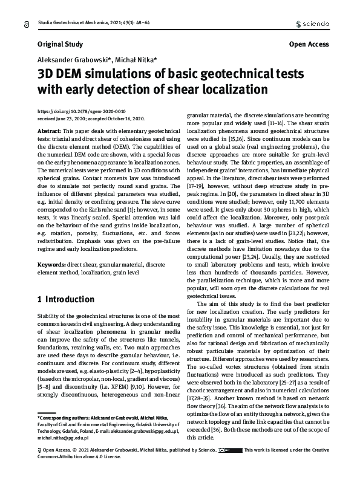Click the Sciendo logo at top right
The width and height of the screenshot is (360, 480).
(312, 24)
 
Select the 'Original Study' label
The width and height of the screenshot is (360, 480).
(59, 44)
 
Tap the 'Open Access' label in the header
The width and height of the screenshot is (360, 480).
(309, 44)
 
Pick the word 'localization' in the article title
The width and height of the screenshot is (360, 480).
(232, 90)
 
